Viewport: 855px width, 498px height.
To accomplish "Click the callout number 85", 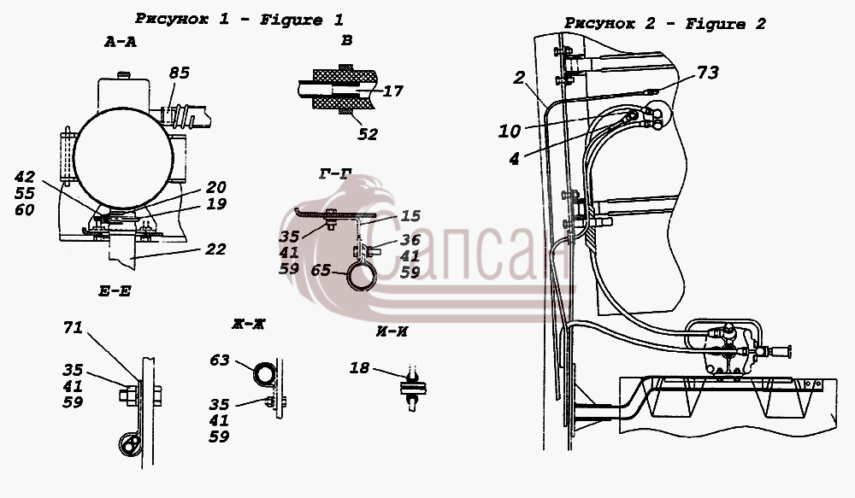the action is point(179,73).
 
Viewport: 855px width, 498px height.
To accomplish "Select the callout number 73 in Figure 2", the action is point(708,73).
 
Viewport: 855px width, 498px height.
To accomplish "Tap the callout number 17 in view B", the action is point(392,91).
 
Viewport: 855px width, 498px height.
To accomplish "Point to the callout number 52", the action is point(368,134).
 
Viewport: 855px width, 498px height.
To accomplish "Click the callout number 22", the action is point(215,249).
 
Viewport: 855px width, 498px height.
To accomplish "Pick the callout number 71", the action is point(73,327).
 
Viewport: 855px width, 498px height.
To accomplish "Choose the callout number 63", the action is point(220,360).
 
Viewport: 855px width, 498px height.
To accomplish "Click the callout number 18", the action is point(359,368).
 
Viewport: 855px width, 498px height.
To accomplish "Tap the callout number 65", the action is point(321,270).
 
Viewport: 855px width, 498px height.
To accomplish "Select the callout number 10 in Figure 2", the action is point(510,131).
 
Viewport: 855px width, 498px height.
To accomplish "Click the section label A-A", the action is point(120,42).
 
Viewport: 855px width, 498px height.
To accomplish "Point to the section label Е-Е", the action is point(115,291).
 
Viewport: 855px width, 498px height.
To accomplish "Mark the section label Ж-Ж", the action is point(248,325).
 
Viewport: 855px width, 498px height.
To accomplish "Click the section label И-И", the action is point(392,331).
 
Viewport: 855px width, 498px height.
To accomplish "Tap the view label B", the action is point(347,40).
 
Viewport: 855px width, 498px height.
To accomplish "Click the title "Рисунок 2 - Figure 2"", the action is point(664,24).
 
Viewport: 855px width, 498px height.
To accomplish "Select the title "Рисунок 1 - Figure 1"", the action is point(239,20).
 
